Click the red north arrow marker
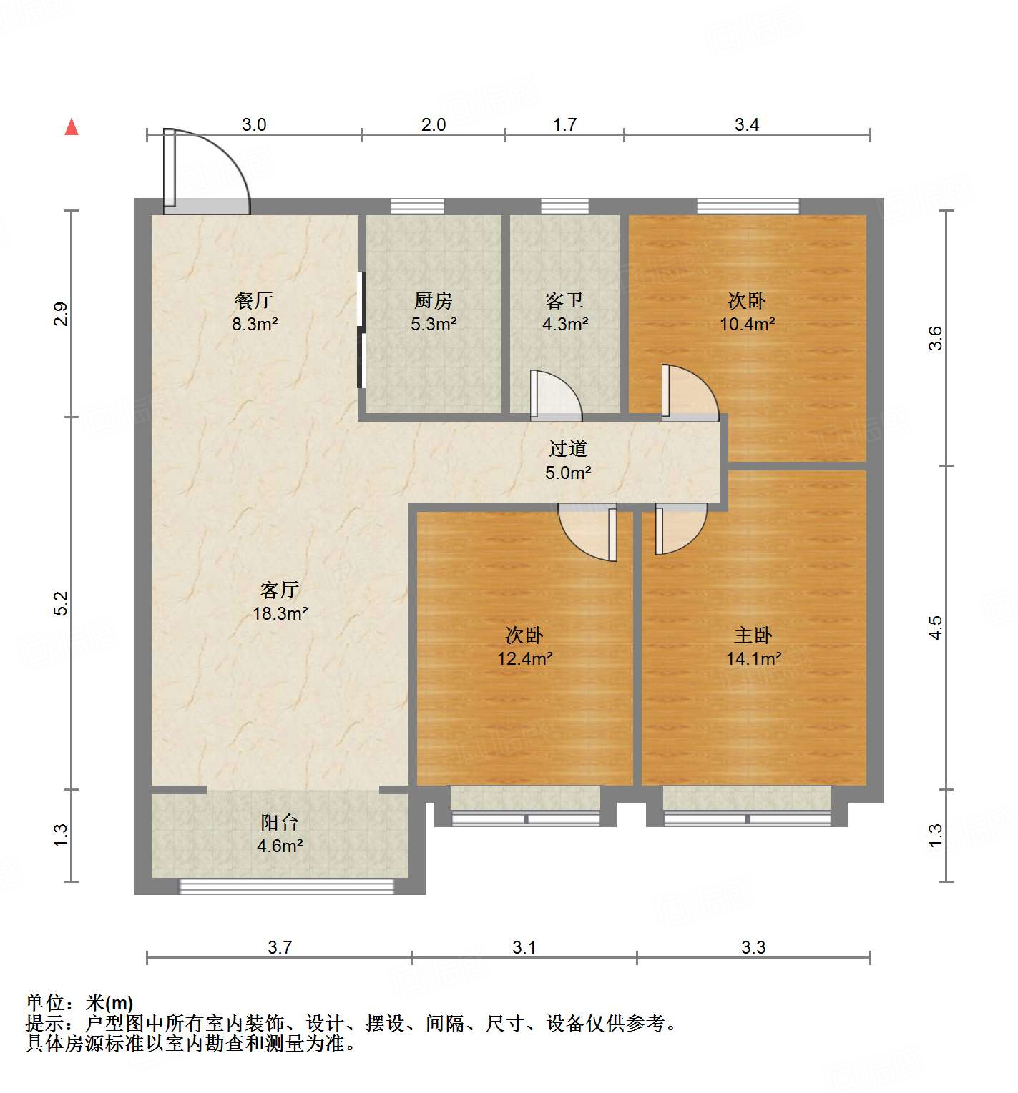72,127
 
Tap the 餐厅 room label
254,312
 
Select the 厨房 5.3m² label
434,312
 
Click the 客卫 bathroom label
565,312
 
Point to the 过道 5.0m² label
568,460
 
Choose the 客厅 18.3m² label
280,601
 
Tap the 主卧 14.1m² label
753,646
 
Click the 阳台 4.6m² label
280,834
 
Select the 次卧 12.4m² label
524,646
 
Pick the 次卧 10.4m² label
747,312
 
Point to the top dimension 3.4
747,125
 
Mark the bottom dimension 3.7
280,947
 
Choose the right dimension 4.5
936,628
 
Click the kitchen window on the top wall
417,207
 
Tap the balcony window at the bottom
286,886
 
